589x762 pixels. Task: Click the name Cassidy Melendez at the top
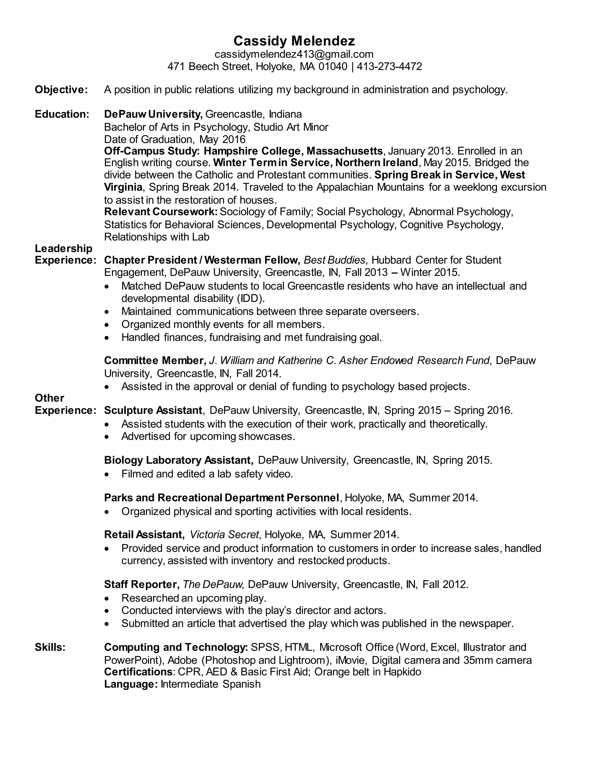pyautogui.click(x=294, y=41)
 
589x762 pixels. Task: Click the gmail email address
pyautogui.click(x=294, y=54)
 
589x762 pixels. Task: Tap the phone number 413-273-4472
pyautogui.click(x=389, y=67)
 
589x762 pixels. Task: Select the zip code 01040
pyautogui.click(x=332, y=67)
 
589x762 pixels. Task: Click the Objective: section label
pyautogui.click(x=61, y=90)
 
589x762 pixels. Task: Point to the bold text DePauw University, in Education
pyautogui.click(x=153, y=114)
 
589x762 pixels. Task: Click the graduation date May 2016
pyautogui.click(x=222, y=139)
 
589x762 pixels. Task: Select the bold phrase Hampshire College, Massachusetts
pyautogui.click(x=293, y=151)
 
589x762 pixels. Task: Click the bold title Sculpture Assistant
pyautogui.click(x=153, y=410)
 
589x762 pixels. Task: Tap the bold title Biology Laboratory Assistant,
pyautogui.click(x=179, y=460)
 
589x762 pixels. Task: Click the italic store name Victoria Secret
pyautogui.click(x=224, y=535)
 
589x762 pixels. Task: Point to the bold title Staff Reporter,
pyautogui.click(x=142, y=584)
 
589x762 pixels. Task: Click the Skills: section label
pyautogui.click(x=50, y=648)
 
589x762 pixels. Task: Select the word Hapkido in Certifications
pyautogui.click(x=402, y=672)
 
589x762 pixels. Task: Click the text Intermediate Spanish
pyautogui.click(x=211, y=684)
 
